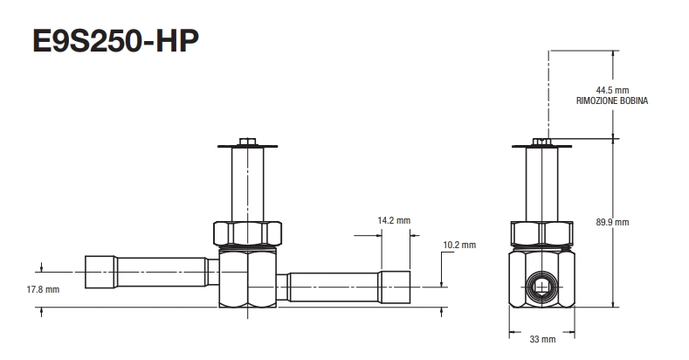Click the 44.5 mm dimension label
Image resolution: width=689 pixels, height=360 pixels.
612,90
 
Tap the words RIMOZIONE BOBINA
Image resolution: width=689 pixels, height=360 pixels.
612,100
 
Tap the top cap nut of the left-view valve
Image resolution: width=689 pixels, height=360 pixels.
247,140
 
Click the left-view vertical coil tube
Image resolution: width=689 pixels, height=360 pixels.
247,185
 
